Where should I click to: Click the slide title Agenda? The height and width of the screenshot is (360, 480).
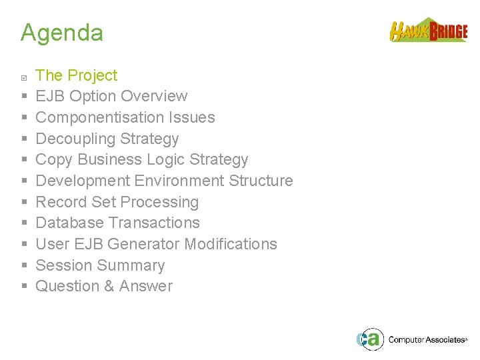click(x=61, y=33)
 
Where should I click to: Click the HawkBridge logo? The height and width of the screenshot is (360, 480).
click(x=428, y=31)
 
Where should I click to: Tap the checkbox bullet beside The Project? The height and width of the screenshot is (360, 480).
click(x=24, y=77)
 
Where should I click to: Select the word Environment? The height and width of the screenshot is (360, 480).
click(x=179, y=181)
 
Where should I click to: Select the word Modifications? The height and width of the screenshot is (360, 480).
click(x=231, y=244)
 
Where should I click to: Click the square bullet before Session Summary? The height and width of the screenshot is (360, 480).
click(x=24, y=265)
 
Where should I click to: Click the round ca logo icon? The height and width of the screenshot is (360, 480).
click(x=369, y=339)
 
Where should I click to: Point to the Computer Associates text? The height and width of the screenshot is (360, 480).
click(x=426, y=339)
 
